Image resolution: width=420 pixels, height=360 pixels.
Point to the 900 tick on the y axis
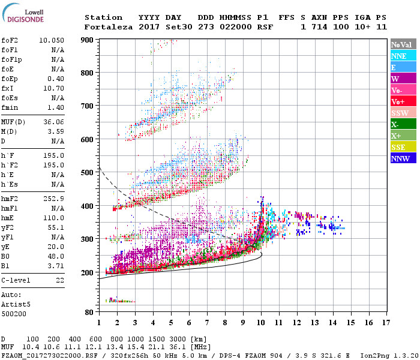coord(88,40)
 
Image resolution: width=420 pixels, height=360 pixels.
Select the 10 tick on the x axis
coord(261,323)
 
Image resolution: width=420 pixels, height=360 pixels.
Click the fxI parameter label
coord(8,88)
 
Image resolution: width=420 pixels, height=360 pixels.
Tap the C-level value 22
coord(59,280)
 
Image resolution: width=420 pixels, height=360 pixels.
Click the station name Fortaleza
coord(109,27)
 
